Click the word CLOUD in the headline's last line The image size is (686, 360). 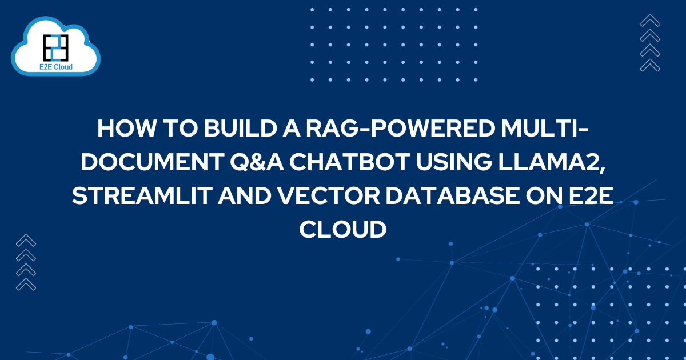click(x=343, y=230)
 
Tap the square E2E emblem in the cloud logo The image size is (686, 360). click(x=56, y=46)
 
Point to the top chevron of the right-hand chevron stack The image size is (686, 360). click(x=650, y=21)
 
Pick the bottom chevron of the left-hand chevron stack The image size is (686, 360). click(x=26, y=283)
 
